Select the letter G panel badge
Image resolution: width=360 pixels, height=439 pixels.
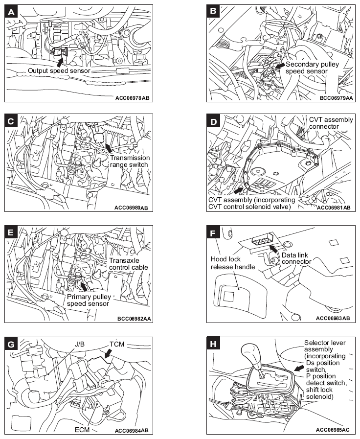point(12,344)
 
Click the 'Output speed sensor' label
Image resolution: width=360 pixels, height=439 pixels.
point(59,71)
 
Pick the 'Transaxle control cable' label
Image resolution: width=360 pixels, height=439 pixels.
point(128,264)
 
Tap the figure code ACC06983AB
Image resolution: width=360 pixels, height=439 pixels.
point(333,318)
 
